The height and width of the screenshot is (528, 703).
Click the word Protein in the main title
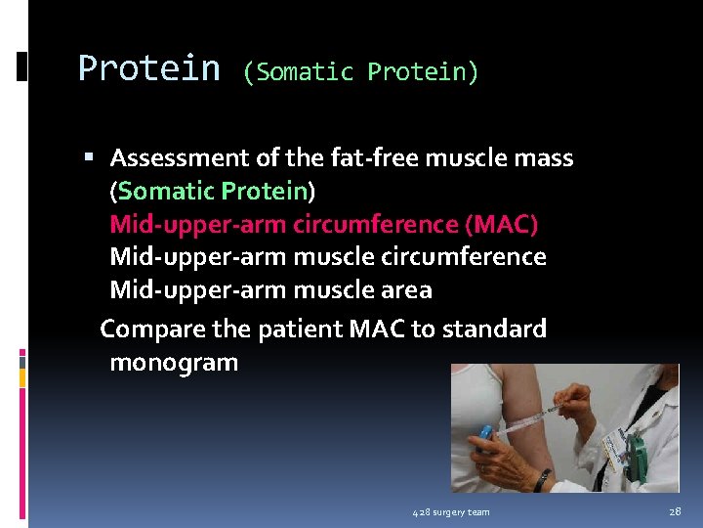[x=148, y=69]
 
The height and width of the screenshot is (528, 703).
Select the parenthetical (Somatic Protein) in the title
[x=360, y=72]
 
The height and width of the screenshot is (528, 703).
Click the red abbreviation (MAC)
[x=502, y=224]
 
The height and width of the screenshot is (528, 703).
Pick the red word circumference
[x=377, y=224]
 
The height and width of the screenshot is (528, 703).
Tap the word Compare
[x=148, y=330]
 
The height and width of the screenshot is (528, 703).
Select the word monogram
[x=174, y=363]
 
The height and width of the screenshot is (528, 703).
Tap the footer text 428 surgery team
[x=451, y=512]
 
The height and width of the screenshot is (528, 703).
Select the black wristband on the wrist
[x=543, y=479]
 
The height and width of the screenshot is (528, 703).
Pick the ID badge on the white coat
[x=613, y=447]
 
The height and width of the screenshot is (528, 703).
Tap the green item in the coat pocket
[x=637, y=451]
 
